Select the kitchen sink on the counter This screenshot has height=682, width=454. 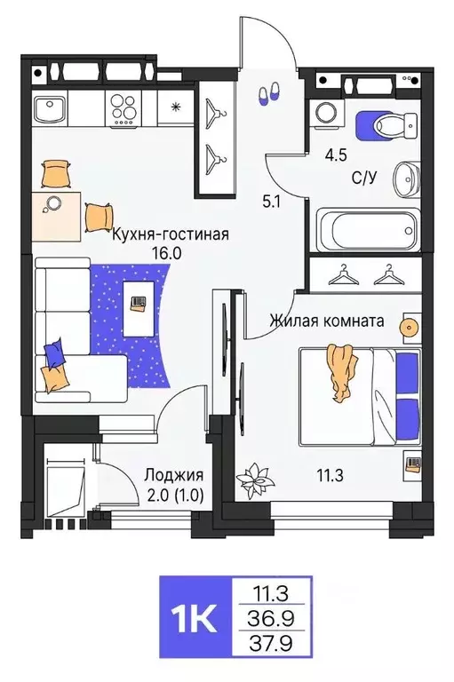[x=52, y=112]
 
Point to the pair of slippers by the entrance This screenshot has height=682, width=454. [x=267, y=92]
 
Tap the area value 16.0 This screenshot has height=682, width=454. [x=171, y=252]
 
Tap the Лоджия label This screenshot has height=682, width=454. [x=173, y=475]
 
